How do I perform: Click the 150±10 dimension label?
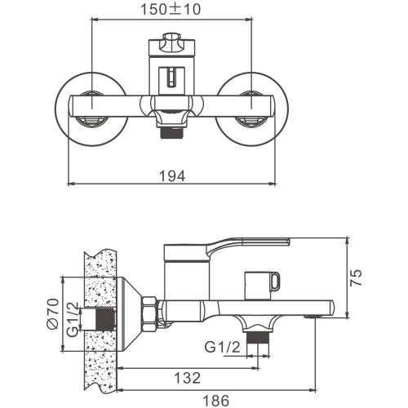pos(171,9)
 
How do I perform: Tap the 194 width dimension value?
pos(172,176)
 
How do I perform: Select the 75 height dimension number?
pos(356,277)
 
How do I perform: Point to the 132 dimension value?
pos(187,378)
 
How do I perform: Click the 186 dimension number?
pos(216,401)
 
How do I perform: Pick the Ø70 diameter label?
pos(53,313)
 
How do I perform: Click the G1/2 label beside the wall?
pos(73,320)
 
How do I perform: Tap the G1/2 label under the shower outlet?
pos(223,347)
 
